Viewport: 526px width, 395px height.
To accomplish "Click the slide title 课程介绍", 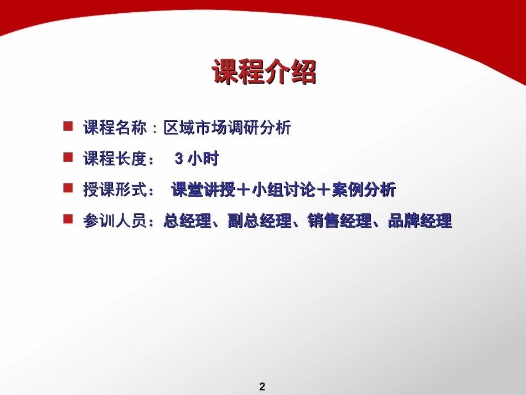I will (x=264, y=73).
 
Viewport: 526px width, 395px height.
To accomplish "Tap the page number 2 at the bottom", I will (x=262, y=387).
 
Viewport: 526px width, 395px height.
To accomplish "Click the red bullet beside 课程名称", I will (x=68, y=127).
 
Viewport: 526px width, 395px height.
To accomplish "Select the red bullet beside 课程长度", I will (x=68, y=158).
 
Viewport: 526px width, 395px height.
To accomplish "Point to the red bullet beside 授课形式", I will (x=68, y=189).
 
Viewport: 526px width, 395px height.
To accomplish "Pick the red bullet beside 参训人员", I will (x=68, y=220).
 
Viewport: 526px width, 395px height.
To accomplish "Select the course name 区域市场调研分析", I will (x=227, y=128).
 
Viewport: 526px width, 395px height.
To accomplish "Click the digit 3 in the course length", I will (x=178, y=160).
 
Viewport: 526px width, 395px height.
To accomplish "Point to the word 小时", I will (x=204, y=159).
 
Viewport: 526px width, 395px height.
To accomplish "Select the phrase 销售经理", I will (x=339, y=222).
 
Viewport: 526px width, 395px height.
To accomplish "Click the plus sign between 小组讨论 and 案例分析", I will (x=323, y=190).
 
